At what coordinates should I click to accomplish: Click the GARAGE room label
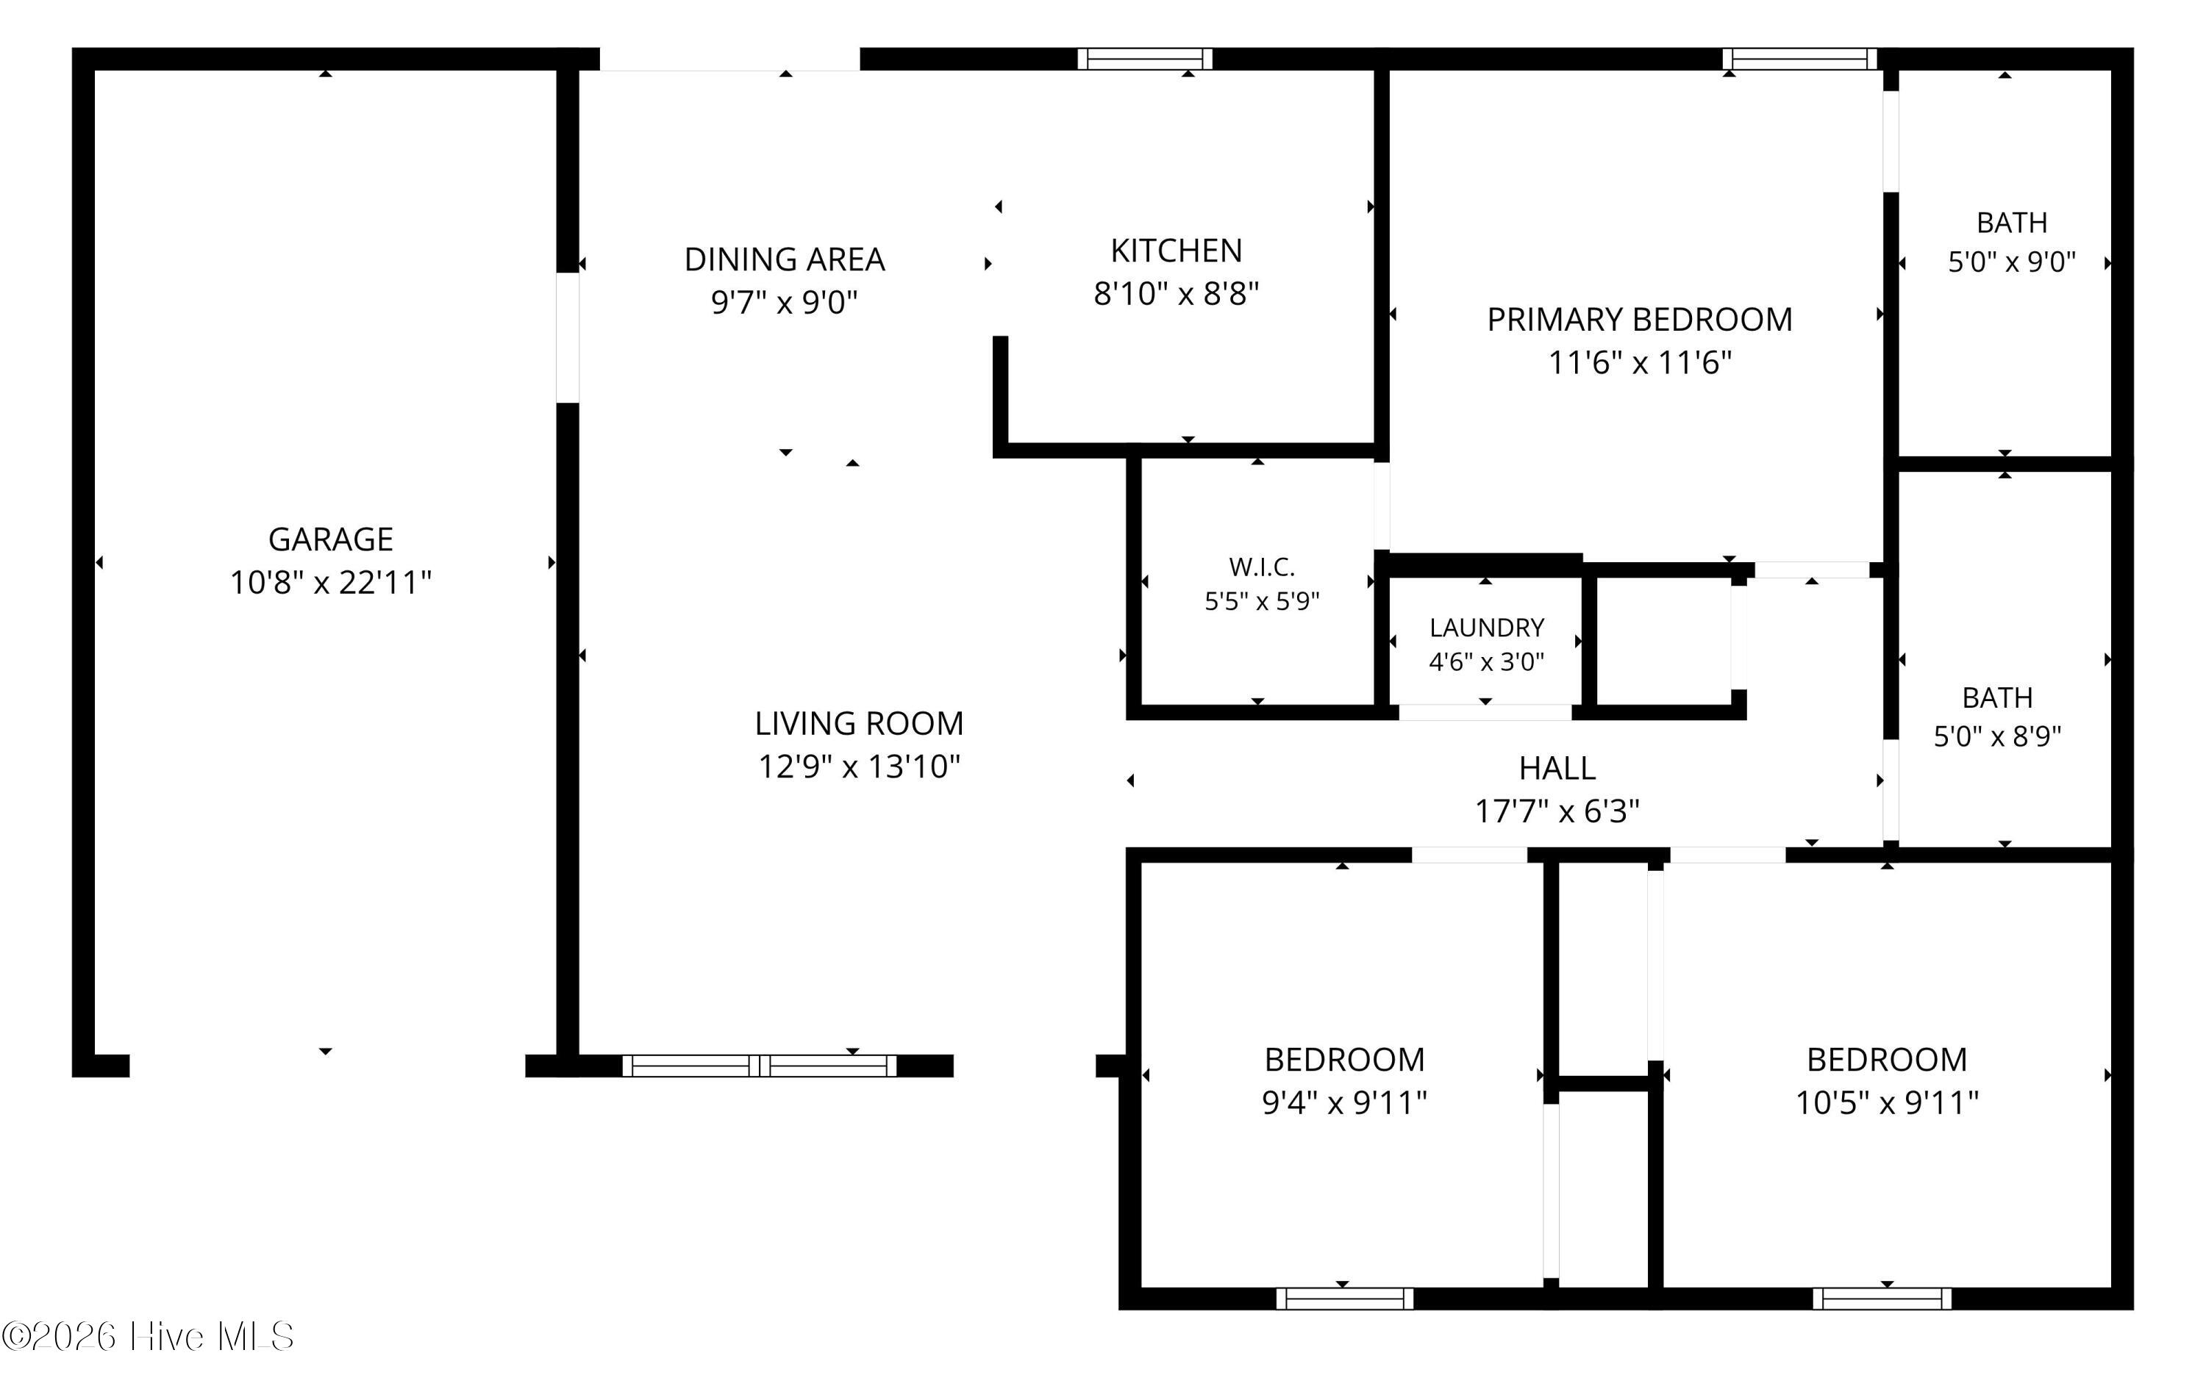[x=331, y=539]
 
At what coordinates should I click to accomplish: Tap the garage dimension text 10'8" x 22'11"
[x=331, y=582]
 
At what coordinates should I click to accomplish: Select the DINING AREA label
[x=785, y=260]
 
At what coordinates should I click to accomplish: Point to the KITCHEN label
[x=1177, y=251]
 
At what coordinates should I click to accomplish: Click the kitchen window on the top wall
[x=1145, y=60]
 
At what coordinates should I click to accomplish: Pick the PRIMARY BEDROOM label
[x=1640, y=320]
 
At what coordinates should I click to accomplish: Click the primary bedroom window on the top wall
[x=1799, y=60]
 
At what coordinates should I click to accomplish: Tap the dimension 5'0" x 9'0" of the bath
[x=2012, y=263]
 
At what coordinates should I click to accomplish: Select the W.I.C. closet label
[x=1262, y=567]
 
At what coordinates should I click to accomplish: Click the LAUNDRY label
[x=1487, y=628]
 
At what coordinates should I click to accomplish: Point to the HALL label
[x=1557, y=768]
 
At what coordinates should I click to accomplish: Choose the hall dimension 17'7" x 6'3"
[x=1557, y=811]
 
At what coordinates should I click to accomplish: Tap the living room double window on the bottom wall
[x=760, y=1066]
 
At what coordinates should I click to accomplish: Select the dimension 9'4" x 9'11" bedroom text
[x=1345, y=1102]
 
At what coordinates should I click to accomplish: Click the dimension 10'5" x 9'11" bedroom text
[x=1887, y=1102]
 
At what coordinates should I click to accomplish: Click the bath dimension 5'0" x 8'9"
[x=1997, y=737]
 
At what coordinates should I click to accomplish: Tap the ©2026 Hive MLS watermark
[x=148, y=1337]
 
